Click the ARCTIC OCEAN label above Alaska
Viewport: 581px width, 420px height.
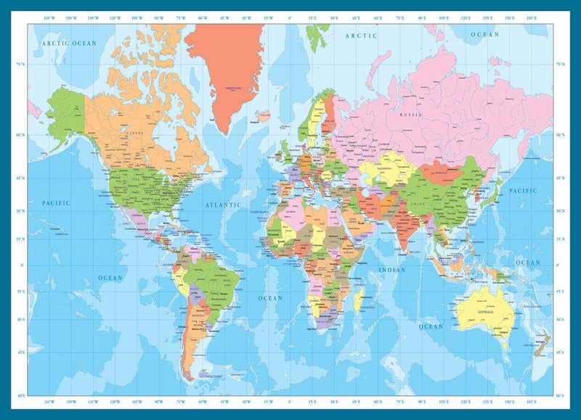68,44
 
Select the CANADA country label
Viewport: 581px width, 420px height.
133,133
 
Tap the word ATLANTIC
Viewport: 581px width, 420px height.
223,205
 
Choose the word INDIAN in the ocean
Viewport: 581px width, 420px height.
392,271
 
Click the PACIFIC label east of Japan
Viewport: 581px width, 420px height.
523,191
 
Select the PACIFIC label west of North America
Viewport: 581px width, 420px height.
56,203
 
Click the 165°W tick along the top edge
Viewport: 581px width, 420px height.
49,16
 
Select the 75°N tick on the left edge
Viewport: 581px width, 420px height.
20,65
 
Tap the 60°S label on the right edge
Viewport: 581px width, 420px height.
560,397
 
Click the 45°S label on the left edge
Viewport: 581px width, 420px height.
20,353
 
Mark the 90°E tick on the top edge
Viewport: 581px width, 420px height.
423,16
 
